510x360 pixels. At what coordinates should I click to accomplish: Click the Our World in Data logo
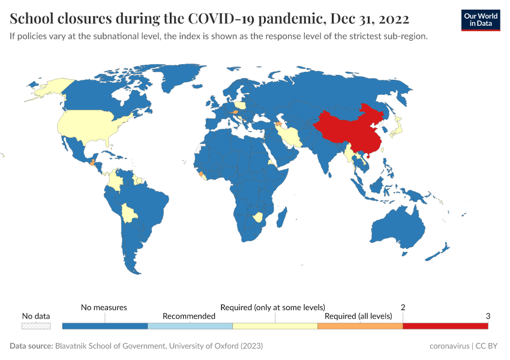click(480, 20)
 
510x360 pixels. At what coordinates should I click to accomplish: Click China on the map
click(348, 129)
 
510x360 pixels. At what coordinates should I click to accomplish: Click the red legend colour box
click(445, 326)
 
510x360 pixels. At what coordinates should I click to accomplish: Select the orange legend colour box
click(359, 326)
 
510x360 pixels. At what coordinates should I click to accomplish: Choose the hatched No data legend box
click(36, 326)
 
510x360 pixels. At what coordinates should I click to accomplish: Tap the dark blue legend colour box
click(105, 326)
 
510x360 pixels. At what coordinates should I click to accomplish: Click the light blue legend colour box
click(190, 326)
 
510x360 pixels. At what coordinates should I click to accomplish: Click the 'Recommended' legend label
click(189, 316)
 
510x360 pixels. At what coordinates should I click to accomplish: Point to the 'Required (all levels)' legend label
click(358, 316)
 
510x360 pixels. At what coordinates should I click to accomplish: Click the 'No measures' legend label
click(104, 307)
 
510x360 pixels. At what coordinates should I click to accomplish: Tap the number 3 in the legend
click(488, 316)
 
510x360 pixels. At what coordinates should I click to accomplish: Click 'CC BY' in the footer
click(488, 346)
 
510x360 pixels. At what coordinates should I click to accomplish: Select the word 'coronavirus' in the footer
click(449, 346)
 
